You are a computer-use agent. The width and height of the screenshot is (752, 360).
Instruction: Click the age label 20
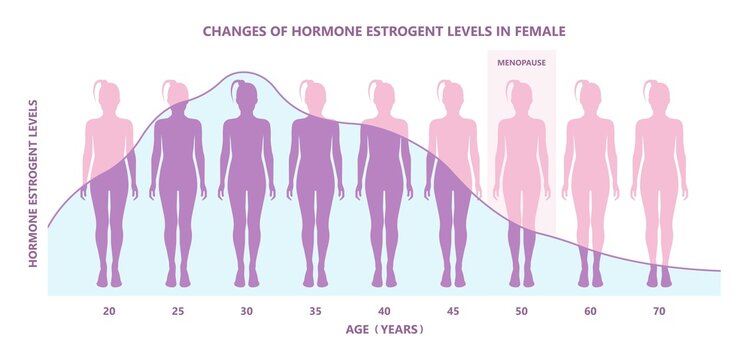[x=109, y=312]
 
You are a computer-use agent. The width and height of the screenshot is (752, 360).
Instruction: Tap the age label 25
[x=177, y=312]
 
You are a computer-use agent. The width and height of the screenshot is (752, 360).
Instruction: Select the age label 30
[x=246, y=312]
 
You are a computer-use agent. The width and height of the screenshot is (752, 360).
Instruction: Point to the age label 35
[x=315, y=312]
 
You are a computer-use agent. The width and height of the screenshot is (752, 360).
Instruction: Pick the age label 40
[x=384, y=312]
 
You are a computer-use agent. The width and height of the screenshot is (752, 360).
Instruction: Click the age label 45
[x=453, y=312]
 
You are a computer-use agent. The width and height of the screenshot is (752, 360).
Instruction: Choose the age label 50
[x=521, y=312]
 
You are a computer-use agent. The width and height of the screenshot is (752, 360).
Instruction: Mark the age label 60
[x=590, y=312]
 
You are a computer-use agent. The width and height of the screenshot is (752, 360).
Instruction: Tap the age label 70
[x=659, y=312]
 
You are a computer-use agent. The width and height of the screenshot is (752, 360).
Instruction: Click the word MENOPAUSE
[x=521, y=62]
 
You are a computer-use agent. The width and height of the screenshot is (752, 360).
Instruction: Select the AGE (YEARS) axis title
[x=384, y=329]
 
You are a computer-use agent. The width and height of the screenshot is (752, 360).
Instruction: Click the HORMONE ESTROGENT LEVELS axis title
[x=33, y=183]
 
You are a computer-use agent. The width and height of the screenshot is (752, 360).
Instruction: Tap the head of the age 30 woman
[x=246, y=96]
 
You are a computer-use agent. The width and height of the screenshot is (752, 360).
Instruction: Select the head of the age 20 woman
[x=109, y=96]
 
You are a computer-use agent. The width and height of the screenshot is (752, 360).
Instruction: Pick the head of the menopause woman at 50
[x=521, y=96]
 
